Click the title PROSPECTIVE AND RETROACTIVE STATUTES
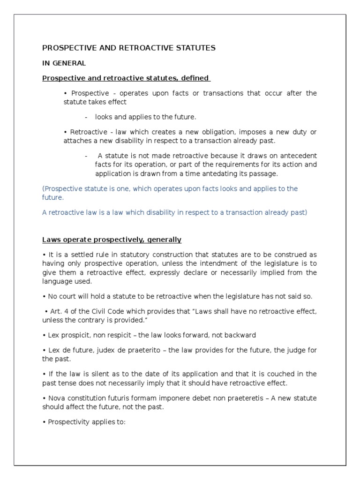[x=129, y=48]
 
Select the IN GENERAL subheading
[x=64, y=63]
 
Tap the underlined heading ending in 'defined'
[x=127, y=78]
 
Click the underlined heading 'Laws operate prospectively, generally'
[x=112, y=240]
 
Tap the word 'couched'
[x=283, y=374]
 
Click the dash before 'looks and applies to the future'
[x=87, y=117]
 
